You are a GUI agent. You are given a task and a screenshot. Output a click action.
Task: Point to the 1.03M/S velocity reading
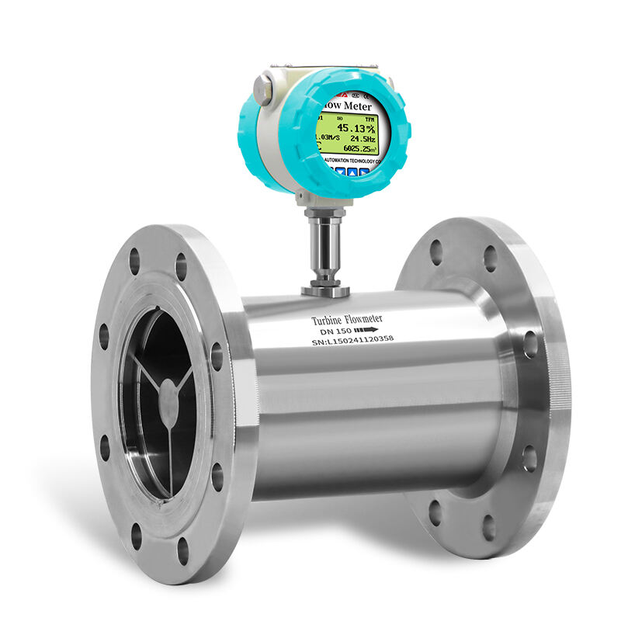coord(325,138)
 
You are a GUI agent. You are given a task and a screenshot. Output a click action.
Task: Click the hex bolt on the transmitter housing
coord(263,87)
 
